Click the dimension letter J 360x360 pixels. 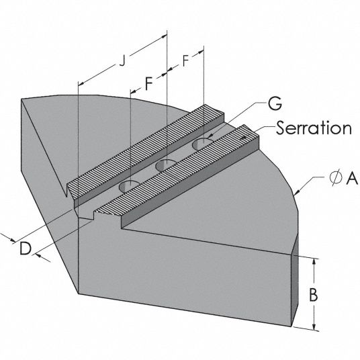point(123,61)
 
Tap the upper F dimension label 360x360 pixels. point(185,61)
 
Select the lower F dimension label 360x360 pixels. point(149,83)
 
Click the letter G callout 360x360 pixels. point(275,104)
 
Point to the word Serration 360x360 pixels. point(314,128)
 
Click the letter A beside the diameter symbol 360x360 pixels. point(352,179)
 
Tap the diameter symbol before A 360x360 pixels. point(336,179)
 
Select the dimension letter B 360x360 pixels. point(314,295)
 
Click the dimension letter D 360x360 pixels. point(26,249)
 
